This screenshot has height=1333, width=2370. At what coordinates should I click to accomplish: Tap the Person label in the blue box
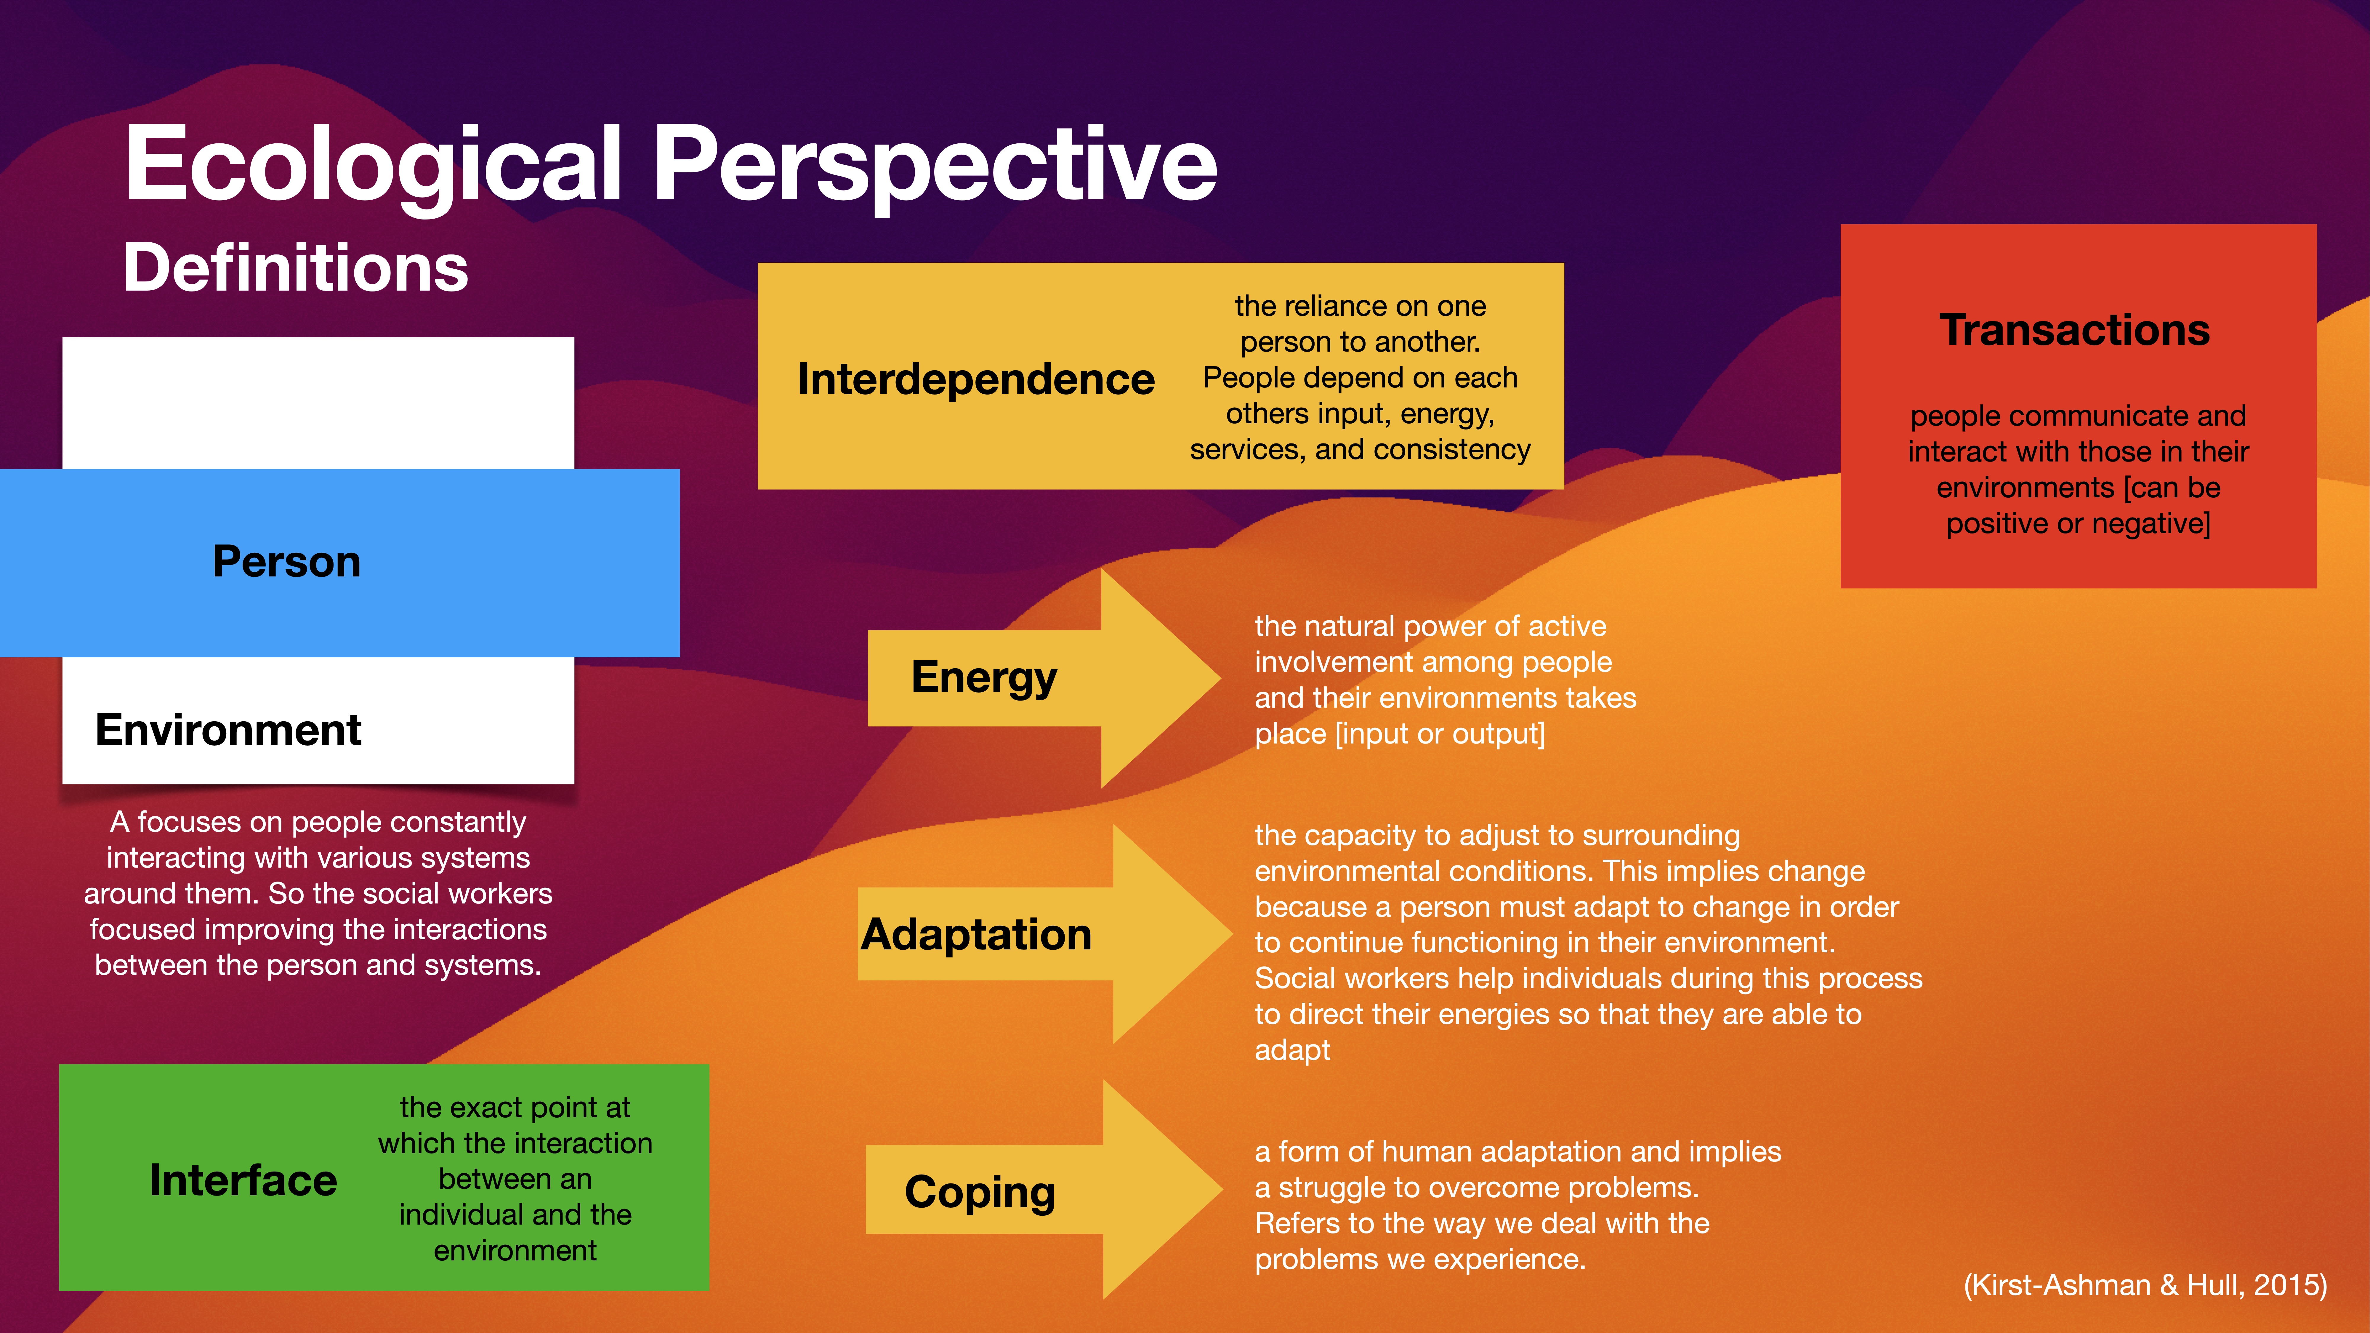point(286,561)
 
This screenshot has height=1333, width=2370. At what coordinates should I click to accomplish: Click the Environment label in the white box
point(228,730)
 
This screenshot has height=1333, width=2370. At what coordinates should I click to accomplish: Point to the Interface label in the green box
point(243,1180)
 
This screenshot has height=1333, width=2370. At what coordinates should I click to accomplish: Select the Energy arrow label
point(983,677)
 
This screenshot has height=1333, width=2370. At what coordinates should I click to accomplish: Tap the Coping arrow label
point(980,1192)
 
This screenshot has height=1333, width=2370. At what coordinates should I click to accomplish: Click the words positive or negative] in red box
point(2077,523)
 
